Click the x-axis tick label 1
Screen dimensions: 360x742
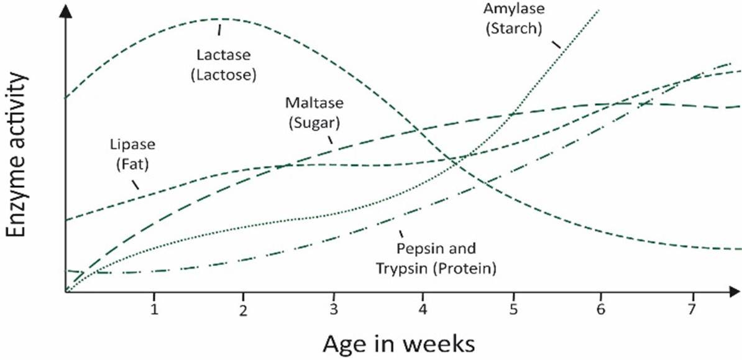[x=153, y=310]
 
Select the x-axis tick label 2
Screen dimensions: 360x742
[x=244, y=310]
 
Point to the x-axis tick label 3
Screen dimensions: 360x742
[x=334, y=310]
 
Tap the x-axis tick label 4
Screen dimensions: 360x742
[x=423, y=310]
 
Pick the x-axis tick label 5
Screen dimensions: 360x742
[x=513, y=310]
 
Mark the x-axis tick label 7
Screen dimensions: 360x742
[x=692, y=310]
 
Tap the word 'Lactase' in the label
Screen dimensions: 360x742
[x=224, y=55]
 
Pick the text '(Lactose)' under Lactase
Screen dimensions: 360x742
[x=224, y=74]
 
